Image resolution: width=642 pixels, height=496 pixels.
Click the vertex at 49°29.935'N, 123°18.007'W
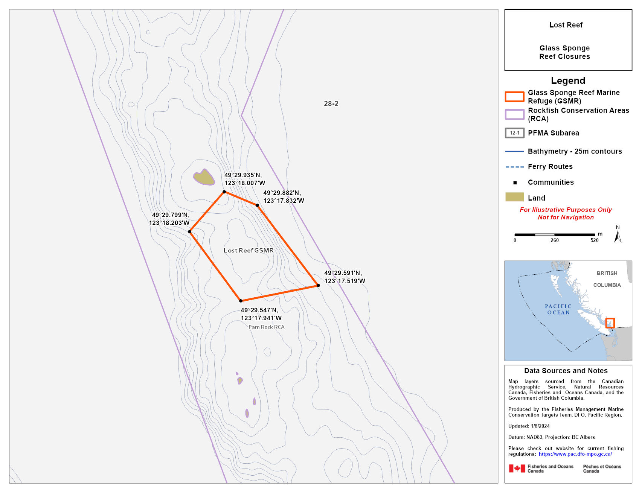(224, 192)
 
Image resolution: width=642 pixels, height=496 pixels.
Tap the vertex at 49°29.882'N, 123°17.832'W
(257, 205)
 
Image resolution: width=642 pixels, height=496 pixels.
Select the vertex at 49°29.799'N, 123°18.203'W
(190, 232)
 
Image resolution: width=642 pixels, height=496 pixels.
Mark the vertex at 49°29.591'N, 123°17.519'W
(318, 286)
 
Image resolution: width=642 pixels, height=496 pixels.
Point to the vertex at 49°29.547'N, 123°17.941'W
(241, 301)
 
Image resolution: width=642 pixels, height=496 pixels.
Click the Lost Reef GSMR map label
(249, 251)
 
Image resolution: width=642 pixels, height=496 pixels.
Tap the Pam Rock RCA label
(266, 327)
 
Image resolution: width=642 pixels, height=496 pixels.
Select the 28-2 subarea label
(331, 104)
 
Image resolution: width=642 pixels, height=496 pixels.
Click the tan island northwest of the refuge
(204, 177)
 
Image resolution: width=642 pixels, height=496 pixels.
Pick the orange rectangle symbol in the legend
(514, 97)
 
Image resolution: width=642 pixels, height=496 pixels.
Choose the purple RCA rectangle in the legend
(514, 114)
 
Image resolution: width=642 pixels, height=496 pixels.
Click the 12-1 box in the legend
(514, 133)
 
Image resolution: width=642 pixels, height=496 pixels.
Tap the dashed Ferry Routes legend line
(514, 167)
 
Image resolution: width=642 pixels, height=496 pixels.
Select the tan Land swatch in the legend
(514, 197)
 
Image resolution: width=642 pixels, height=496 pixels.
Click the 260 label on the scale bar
(554, 240)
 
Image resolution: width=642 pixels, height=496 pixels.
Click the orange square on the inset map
(610, 323)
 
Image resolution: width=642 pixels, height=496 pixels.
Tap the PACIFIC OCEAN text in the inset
(558, 309)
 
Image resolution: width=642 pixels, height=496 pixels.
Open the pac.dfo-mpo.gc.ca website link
(575, 454)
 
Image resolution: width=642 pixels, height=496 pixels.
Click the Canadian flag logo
(517, 469)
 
